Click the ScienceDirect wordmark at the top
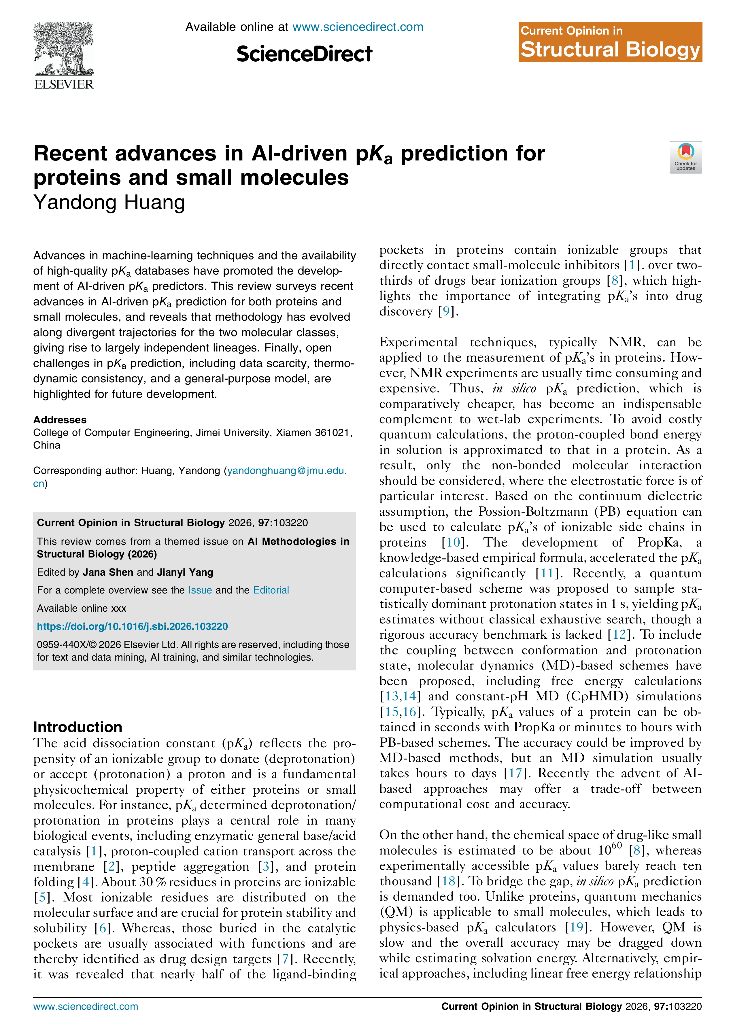(305, 54)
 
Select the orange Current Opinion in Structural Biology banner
(610, 42)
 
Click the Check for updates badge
(685, 157)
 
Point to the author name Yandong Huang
(109, 203)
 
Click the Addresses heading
(60, 420)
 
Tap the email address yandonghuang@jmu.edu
(286, 470)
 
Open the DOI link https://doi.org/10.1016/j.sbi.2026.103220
(133, 626)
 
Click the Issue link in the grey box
(200, 590)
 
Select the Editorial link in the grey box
(271, 590)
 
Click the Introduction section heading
(78, 727)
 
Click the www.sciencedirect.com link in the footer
(86, 1007)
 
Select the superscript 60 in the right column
(617, 845)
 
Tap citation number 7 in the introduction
(285, 959)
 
